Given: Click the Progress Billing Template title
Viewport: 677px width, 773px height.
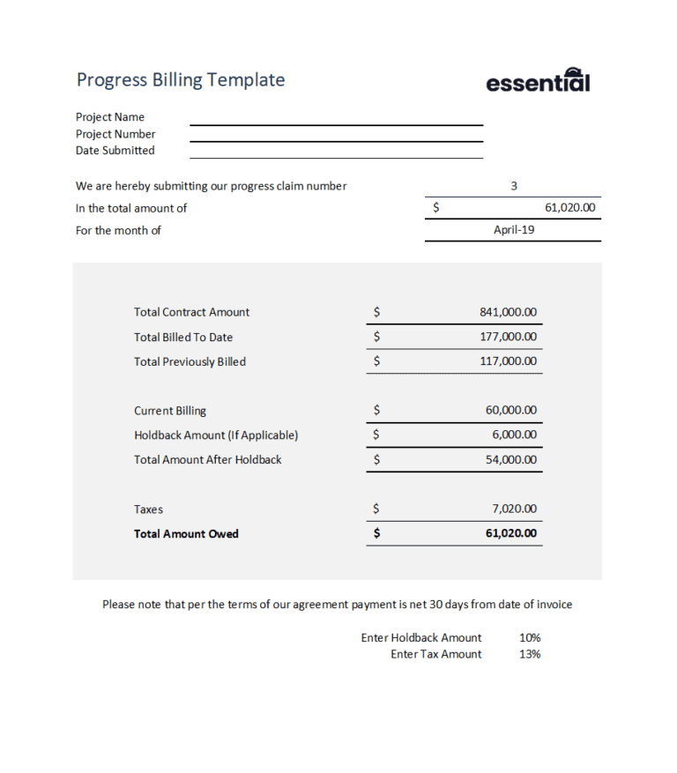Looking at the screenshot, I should coord(181,80).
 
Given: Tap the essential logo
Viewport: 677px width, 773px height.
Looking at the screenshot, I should coord(538,81).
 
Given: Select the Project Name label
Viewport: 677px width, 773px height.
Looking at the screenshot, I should coord(110,117).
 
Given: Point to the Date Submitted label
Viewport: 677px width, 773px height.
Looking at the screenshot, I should coord(115,151).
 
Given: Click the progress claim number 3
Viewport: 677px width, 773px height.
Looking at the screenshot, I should coord(514,186).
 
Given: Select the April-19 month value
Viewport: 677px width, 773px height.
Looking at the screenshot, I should coord(514,230).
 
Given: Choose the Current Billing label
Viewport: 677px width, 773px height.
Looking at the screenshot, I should coord(170,411).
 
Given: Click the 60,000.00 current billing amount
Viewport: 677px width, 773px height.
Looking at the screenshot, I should coord(511,411).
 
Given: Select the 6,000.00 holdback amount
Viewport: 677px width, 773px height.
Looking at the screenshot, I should coord(514,435).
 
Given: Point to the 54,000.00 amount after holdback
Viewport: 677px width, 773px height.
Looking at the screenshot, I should coord(511,459).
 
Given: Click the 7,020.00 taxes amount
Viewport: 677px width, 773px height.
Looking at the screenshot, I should coord(514,509).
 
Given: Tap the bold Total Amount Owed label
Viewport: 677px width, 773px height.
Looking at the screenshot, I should coord(186,534).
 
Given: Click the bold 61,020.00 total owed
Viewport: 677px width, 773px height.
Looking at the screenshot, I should coord(511,534).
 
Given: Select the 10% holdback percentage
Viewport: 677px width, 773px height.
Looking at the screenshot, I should coord(530,637).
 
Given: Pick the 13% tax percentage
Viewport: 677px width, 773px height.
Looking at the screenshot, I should coord(530,654).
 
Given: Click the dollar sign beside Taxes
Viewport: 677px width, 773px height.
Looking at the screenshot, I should coord(376,509).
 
